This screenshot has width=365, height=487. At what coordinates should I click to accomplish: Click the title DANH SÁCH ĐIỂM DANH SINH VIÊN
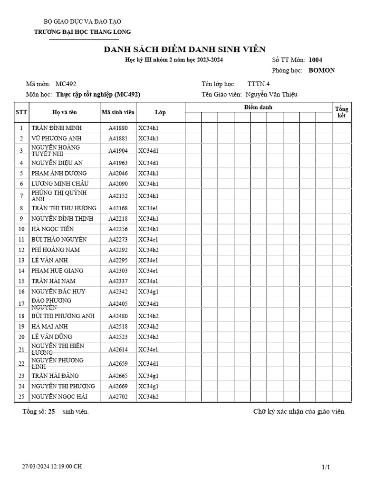click(184, 50)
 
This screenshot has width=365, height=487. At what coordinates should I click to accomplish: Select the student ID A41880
click(118, 128)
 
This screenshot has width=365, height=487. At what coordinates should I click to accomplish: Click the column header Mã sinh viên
click(118, 113)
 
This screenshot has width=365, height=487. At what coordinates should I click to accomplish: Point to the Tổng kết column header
click(341, 112)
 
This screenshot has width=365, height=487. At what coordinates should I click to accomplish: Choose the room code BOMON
click(322, 70)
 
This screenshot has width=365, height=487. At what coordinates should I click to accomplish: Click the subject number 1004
click(315, 60)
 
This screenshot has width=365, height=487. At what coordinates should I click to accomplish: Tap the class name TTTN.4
click(259, 84)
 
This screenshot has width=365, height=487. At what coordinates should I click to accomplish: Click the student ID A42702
click(118, 397)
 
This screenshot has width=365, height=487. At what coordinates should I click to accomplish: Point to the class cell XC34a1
click(148, 281)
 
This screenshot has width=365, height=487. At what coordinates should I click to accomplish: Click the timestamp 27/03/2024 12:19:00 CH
click(52, 467)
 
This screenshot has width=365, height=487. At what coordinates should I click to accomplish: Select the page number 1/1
click(326, 468)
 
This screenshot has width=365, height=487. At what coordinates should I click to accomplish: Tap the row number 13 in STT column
click(21, 260)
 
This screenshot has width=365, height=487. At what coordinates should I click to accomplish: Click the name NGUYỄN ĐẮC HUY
click(58, 292)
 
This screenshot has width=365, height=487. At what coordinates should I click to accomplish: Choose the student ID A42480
click(118, 316)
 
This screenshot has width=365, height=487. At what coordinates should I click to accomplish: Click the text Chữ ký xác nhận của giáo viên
click(298, 412)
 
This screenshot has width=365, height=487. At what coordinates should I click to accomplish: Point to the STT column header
click(21, 113)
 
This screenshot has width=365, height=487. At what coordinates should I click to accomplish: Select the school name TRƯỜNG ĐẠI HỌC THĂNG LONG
click(83, 32)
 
